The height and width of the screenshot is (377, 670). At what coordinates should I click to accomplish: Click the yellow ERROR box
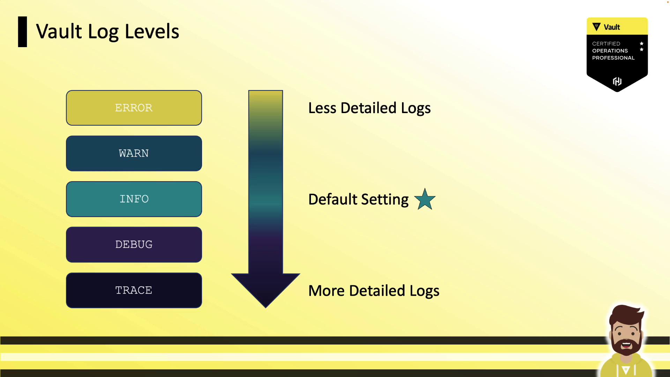click(134, 108)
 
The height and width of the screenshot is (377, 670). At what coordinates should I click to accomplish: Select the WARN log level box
click(134, 154)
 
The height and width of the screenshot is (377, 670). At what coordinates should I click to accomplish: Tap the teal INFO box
click(134, 199)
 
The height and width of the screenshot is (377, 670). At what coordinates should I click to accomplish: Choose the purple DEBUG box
click(134, 245)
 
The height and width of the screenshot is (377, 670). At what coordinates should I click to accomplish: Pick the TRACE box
click(134, 290)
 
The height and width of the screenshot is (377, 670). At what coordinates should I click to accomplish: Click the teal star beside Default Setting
click(425, 200)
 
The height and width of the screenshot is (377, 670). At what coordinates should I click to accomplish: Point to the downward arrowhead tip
click(266, 308)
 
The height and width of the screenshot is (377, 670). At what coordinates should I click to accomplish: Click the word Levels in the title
click(152, 31)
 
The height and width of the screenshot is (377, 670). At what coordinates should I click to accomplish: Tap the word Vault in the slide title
click(59, 31)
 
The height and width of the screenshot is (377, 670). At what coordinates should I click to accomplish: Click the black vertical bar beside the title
click(22, 32)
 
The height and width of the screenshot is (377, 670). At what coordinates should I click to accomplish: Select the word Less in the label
click(322, 108)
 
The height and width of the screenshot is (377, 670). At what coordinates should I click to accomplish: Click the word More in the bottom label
click(327, 291)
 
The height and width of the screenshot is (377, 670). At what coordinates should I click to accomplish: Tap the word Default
click(333, 199)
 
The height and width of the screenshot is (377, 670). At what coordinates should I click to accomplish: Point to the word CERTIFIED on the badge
click(606, 44)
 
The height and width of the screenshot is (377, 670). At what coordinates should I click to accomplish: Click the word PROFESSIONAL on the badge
click(613, 58)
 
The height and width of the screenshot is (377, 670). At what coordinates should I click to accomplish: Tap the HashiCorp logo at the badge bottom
click(617, 81)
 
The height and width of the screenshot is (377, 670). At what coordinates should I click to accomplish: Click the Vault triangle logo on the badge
click(596, 27)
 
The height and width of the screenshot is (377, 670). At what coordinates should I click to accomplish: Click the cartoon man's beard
click(627, 344)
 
